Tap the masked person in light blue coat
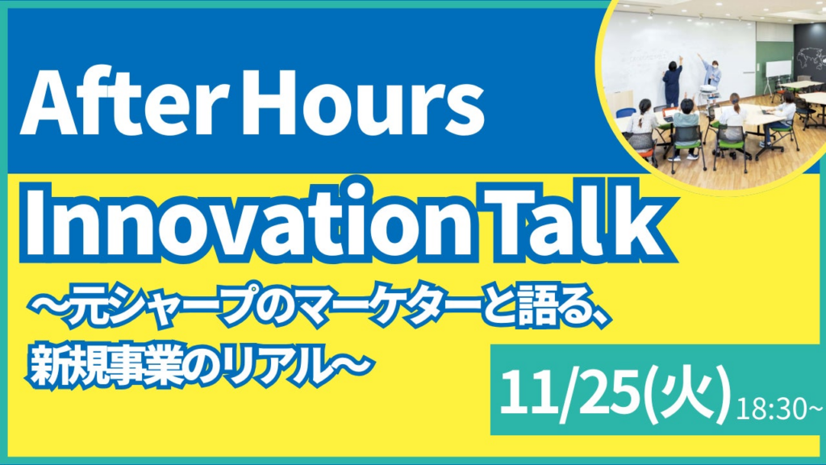(x=711, y=75)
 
